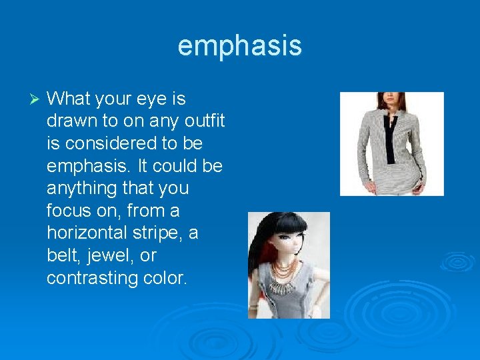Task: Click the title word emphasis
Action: click(239, 46)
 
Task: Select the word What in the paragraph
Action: click(69, 99)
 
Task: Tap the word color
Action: click(165, 278)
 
